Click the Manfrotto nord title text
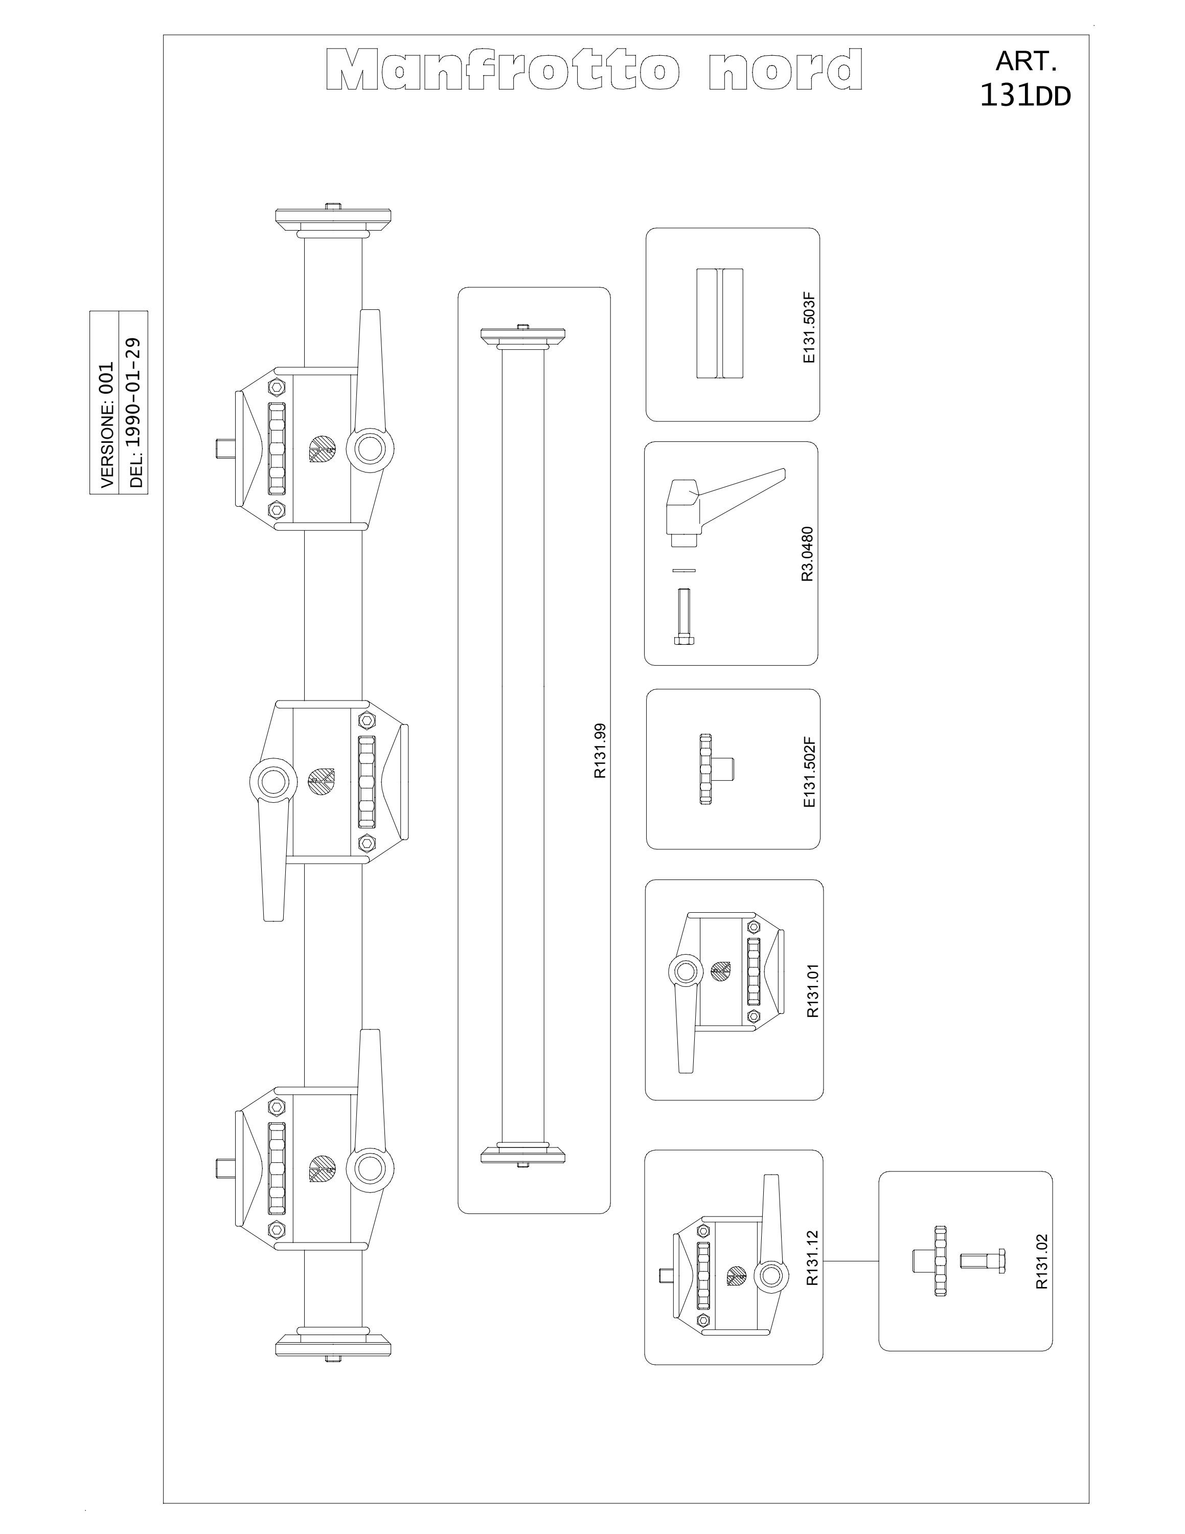coord(595,70)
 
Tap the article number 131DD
coord(1025,96)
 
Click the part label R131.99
coord(600,751)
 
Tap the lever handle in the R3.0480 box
coord(723,506)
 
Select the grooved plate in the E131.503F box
coord(720,323)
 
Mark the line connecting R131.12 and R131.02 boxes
coord(851,1261)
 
